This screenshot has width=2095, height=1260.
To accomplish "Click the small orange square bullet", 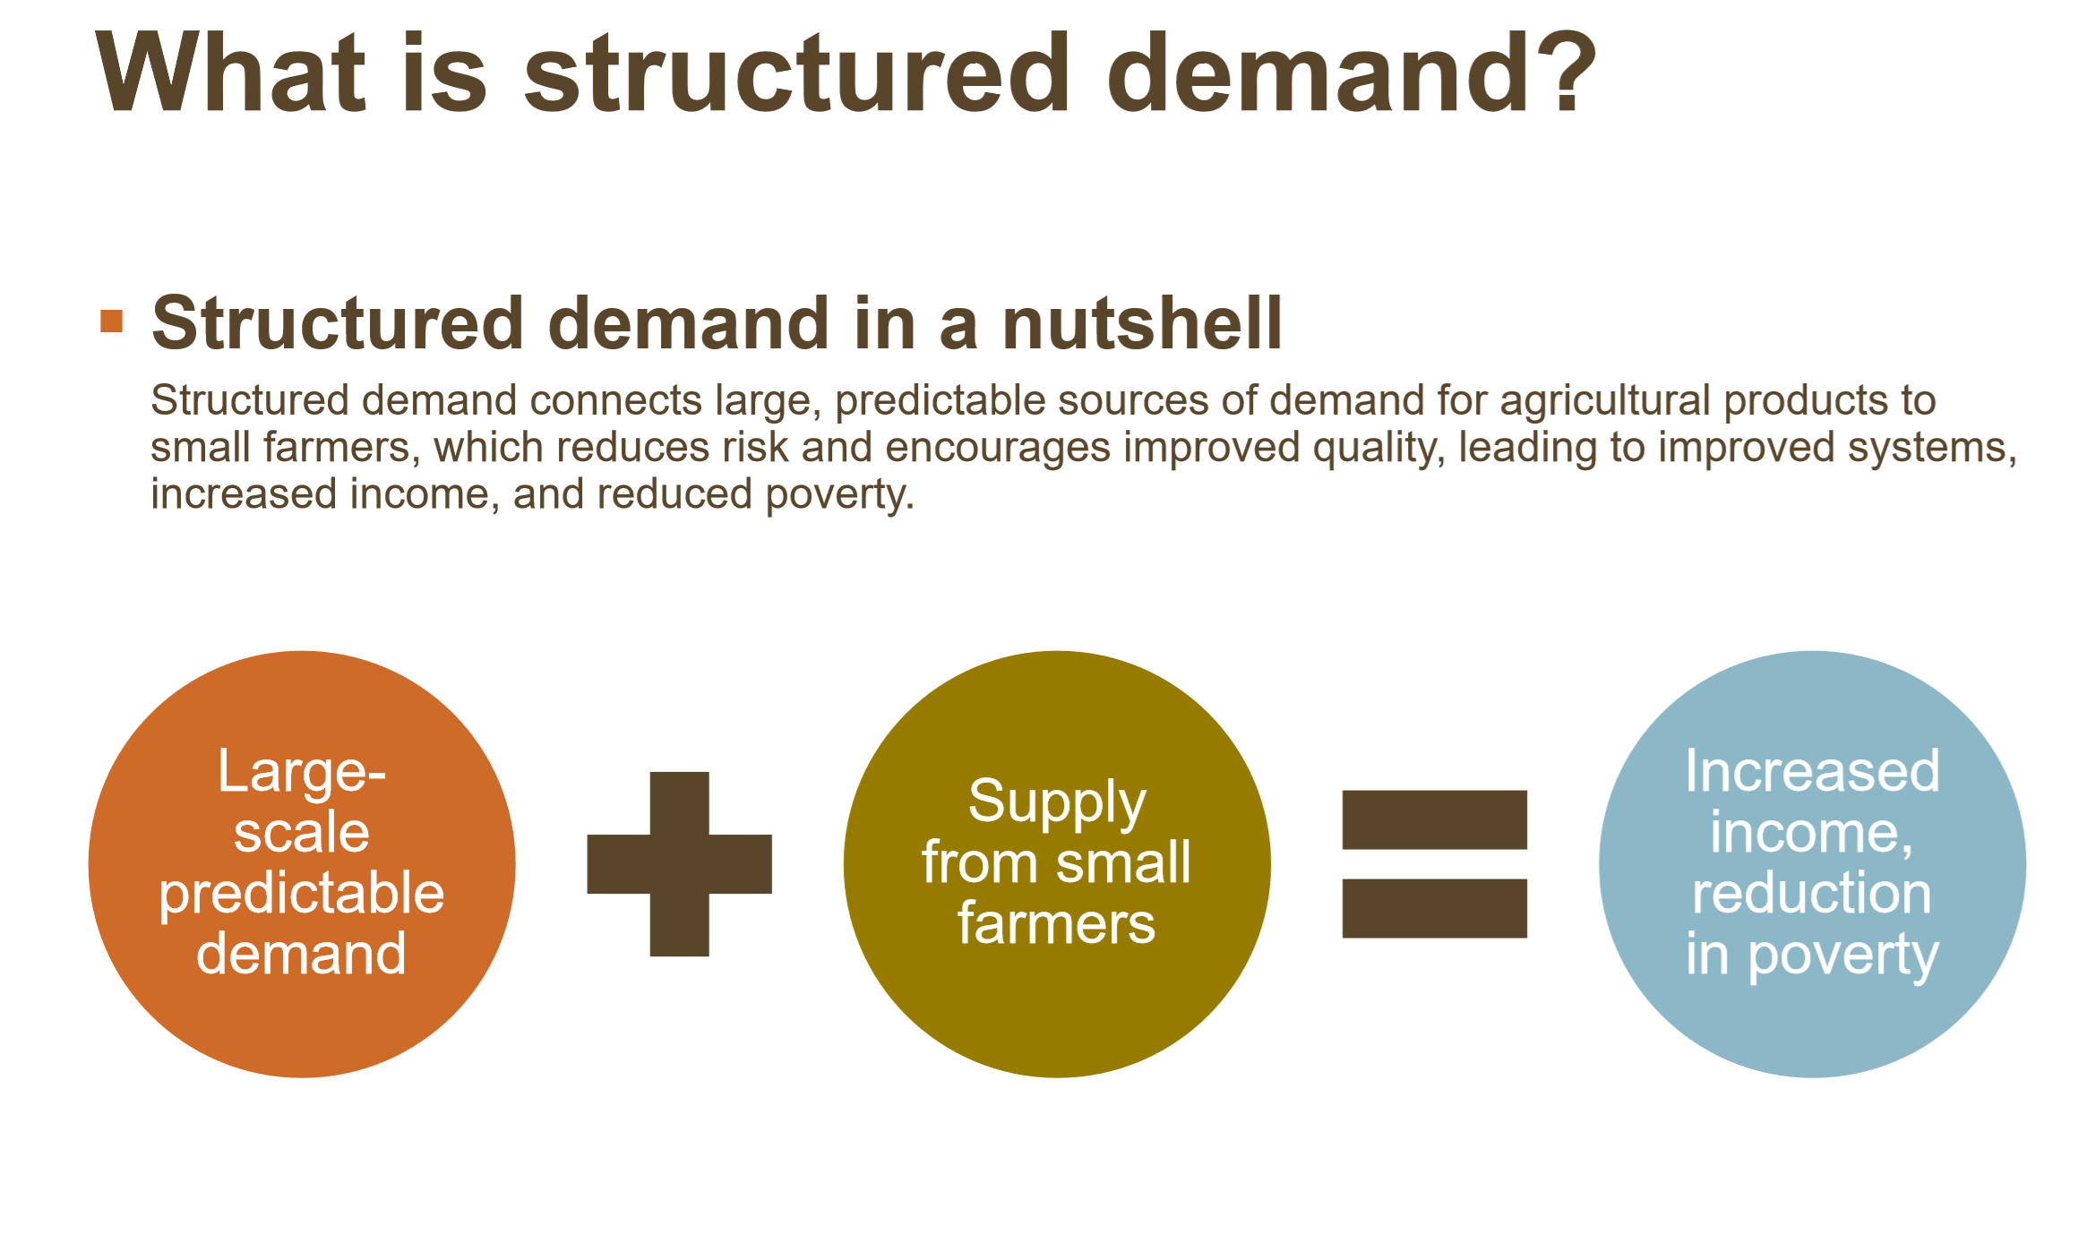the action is tap(112, 321).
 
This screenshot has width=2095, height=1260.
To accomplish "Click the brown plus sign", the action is tap(679, 864).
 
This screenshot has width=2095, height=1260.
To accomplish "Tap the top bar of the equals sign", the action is tap(1434, 819).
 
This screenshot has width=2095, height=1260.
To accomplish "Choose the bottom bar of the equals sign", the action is tap(1434, 908).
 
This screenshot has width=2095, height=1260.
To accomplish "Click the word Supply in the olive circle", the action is tap(1057, 802).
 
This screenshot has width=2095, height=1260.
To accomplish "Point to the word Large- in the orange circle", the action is tap(302, 772).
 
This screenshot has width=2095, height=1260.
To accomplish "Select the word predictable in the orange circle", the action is tap(302, 895).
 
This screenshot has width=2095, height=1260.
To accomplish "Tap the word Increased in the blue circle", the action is tap(1812, 770).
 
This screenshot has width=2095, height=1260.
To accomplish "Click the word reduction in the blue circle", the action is tap(1812, 893).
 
